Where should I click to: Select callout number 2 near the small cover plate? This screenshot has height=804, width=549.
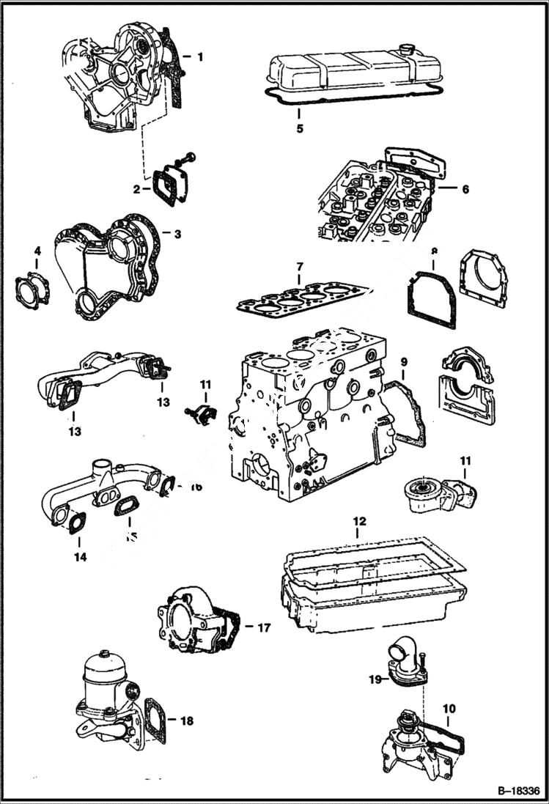pyautogui.click(x=137, y=189)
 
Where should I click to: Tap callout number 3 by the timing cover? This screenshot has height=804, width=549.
pyautogui.click(x=177, y=234)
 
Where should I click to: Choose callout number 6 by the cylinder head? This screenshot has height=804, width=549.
pyautogui.click(x=465, y=189)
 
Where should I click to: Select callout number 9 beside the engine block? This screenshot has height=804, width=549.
pyautogui.click(x=403, y=362)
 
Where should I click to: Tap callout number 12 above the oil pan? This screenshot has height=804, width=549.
pyautogui.click(x=358, y=521)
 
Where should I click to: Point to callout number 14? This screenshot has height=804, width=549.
pyautogui.click(x=80, y=557)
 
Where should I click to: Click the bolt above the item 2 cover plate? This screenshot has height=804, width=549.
pyautogui.click(x=191, y=156)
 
